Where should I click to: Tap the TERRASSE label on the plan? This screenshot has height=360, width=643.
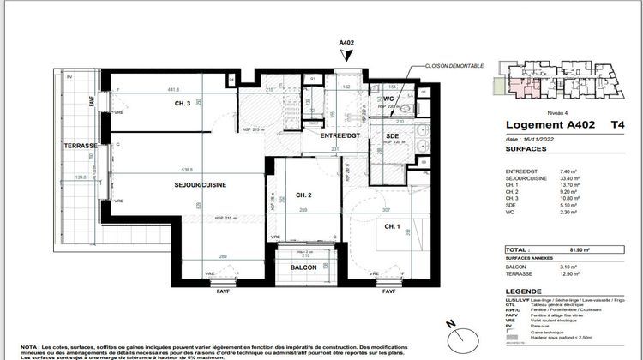pos(81,147)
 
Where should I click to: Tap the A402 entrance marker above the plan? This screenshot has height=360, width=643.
pos(347,42)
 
